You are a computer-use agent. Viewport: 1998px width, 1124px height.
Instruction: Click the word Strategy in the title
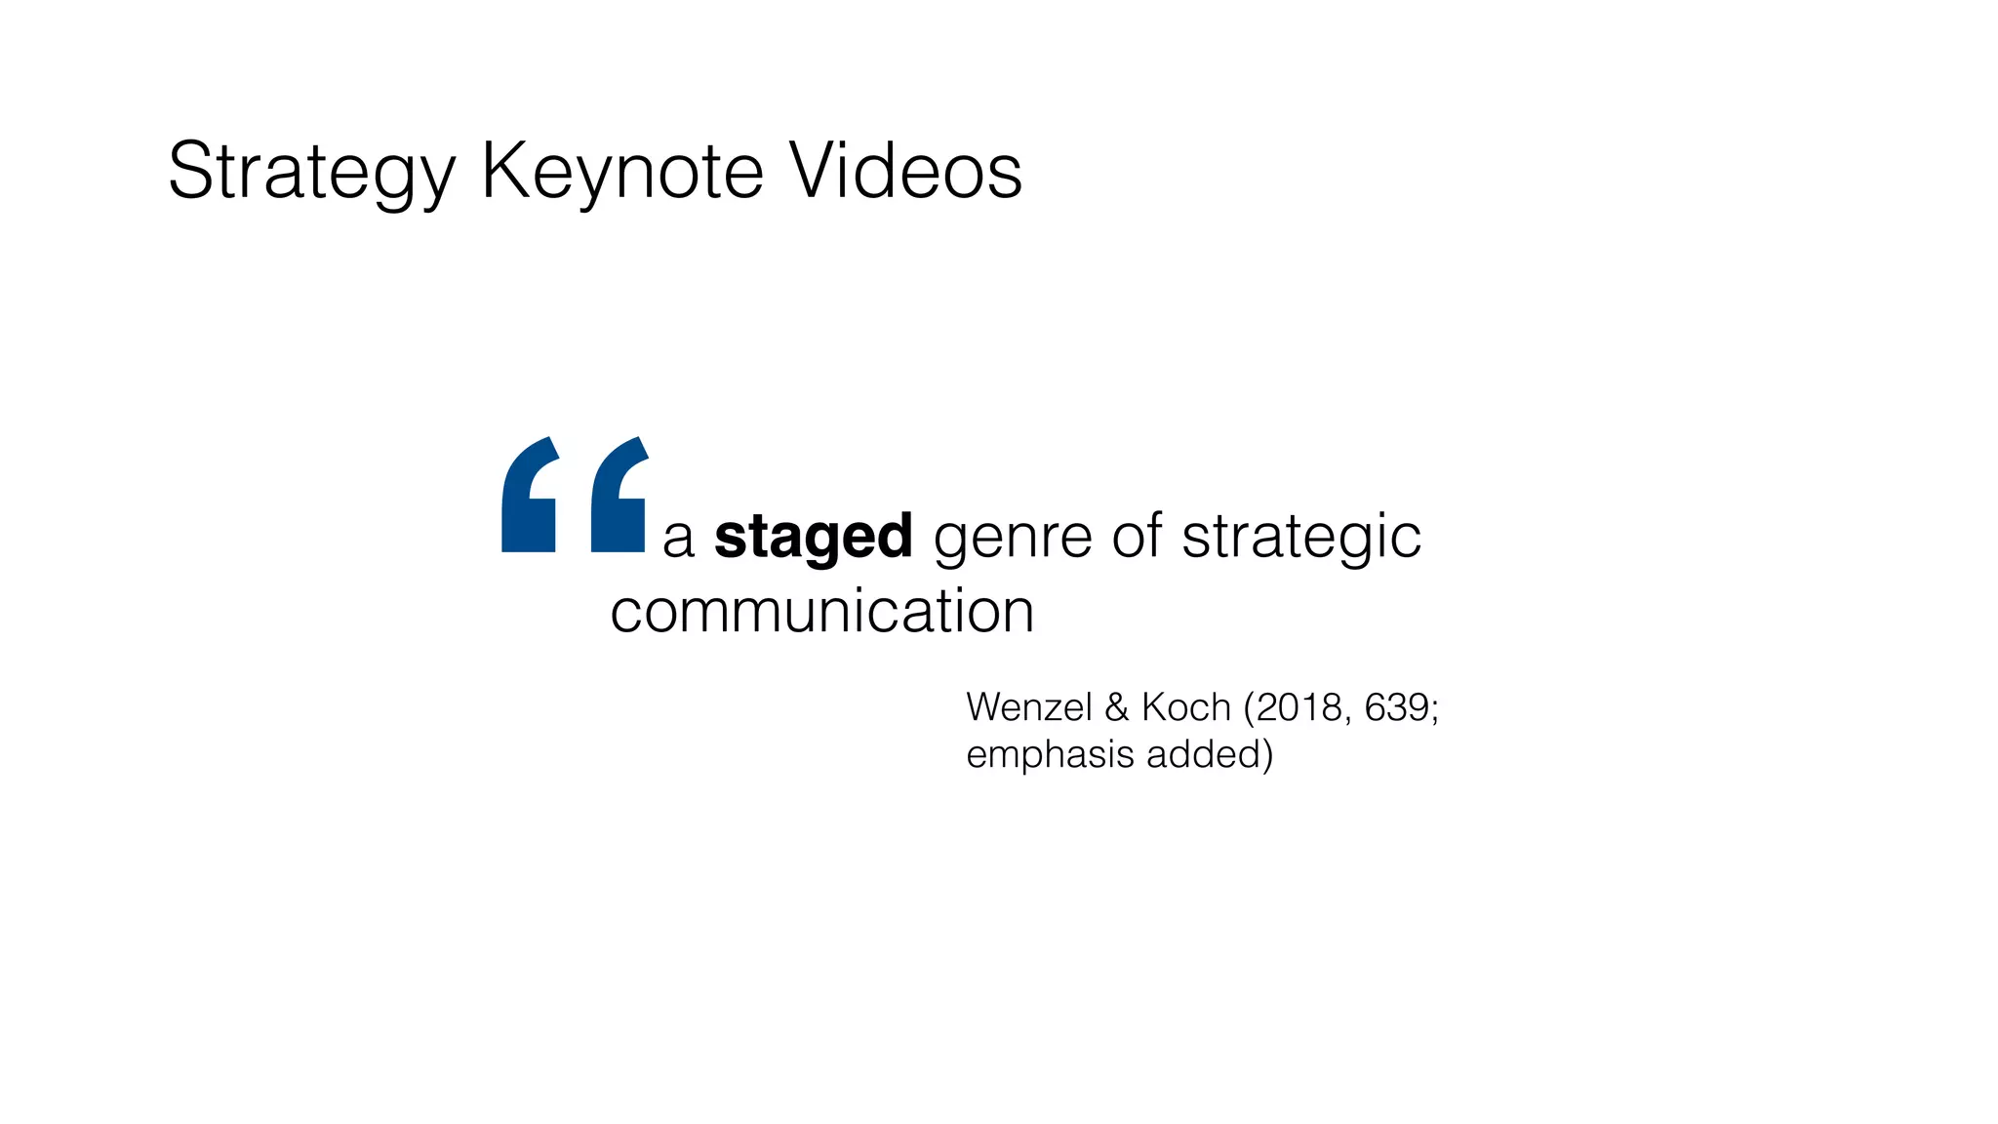[311, 173]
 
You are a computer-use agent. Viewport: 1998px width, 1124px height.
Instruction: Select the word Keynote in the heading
[621, 173]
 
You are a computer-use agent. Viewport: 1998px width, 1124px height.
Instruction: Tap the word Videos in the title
[905, 171]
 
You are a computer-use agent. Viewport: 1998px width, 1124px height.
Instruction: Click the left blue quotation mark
[529, 496]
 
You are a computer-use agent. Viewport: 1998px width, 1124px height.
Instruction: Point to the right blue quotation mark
[619, 496]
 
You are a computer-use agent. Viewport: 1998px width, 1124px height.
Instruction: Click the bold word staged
[813, 538]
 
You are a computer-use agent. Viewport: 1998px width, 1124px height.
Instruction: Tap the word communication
[821, 612]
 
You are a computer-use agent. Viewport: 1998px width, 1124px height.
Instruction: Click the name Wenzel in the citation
[1028, 707]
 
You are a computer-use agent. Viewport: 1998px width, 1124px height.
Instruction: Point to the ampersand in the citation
[1116, 707]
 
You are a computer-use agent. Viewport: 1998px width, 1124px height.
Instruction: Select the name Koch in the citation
[1185, 707]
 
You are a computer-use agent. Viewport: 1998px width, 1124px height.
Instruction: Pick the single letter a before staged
[678, 540]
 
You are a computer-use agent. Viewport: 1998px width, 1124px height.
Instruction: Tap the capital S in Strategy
[189, 171]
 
